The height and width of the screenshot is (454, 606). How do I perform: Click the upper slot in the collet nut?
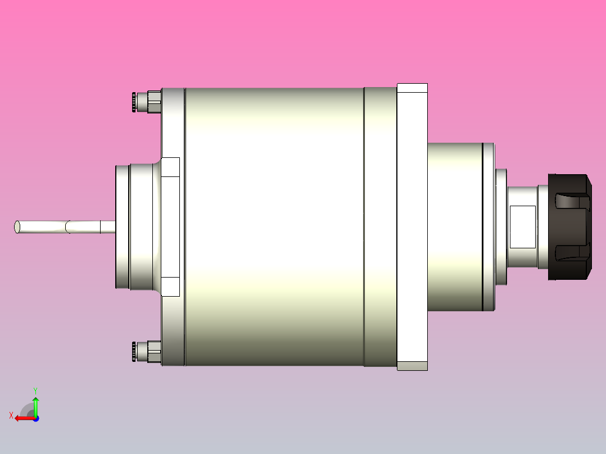coord(572,202)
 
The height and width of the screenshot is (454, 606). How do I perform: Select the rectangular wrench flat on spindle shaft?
coord(522,226)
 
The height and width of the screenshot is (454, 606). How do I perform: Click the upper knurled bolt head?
coord(134,102)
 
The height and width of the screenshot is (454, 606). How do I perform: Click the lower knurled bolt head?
coord(134,352)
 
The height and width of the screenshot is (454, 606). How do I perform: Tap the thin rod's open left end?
coord(17,227)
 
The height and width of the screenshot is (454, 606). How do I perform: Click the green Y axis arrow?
coord(35,406)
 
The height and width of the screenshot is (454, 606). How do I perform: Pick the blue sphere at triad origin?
coord(35,418)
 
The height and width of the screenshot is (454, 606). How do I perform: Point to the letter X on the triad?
coord(11,415)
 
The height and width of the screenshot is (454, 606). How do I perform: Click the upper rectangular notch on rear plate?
coord(170,167)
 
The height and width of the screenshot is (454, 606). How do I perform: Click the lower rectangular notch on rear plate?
coord(170,287)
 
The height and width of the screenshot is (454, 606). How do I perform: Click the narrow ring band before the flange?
coord(379,226)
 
